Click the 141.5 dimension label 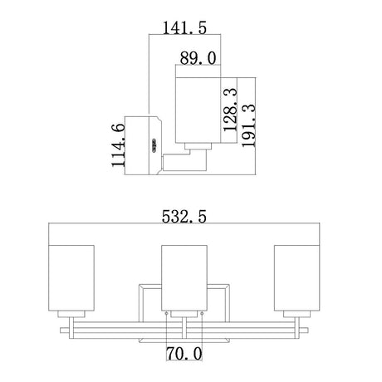[x=184, y=27]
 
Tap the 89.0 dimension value [x=198, y=58]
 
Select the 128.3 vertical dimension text [x=230, y=110]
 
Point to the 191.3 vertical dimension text [x=248, y=125]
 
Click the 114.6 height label [x=118, y=145]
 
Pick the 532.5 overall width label [x=184, y=216]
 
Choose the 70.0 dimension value [x=184, y=354]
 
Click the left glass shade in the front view [x=71, y=278]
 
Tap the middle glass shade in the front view [x=184, y=278]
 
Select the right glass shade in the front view [x=297, y=278]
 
